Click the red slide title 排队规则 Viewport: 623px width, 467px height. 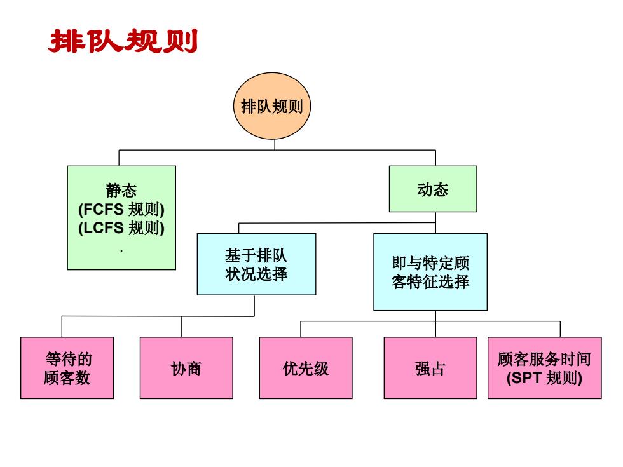tap(123, 41)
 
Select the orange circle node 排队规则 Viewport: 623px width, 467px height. tap(272, 106)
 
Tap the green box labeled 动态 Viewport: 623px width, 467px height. tap(433, 189)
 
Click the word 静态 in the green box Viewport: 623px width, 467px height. tap(121, 190)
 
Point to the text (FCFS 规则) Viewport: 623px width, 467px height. tap(121, 209)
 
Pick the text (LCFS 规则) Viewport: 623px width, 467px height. tap(121, 228)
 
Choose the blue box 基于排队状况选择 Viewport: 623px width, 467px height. tap(256, 264)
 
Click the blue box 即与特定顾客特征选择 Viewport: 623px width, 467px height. tap(430, 272)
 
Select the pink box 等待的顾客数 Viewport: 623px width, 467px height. tap(67, 368)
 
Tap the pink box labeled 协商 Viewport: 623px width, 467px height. tap(186, 368)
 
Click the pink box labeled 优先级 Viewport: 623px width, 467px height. tap(306, 368)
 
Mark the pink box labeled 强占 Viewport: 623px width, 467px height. tap(430, 368)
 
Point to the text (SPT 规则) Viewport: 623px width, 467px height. tap(544, 377)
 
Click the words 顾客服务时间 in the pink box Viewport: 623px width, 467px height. tap(544, 359)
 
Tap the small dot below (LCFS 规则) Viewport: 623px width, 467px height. tap(121, 250)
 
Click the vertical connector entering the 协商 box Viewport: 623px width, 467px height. tap(181, 327)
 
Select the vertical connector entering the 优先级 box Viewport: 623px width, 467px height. tap(300, 329)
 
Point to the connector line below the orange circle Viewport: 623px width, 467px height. tap(275, 145)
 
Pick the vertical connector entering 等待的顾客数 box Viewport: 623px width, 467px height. tap(62, 327)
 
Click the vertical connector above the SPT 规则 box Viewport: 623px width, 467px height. tap(560, 329)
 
